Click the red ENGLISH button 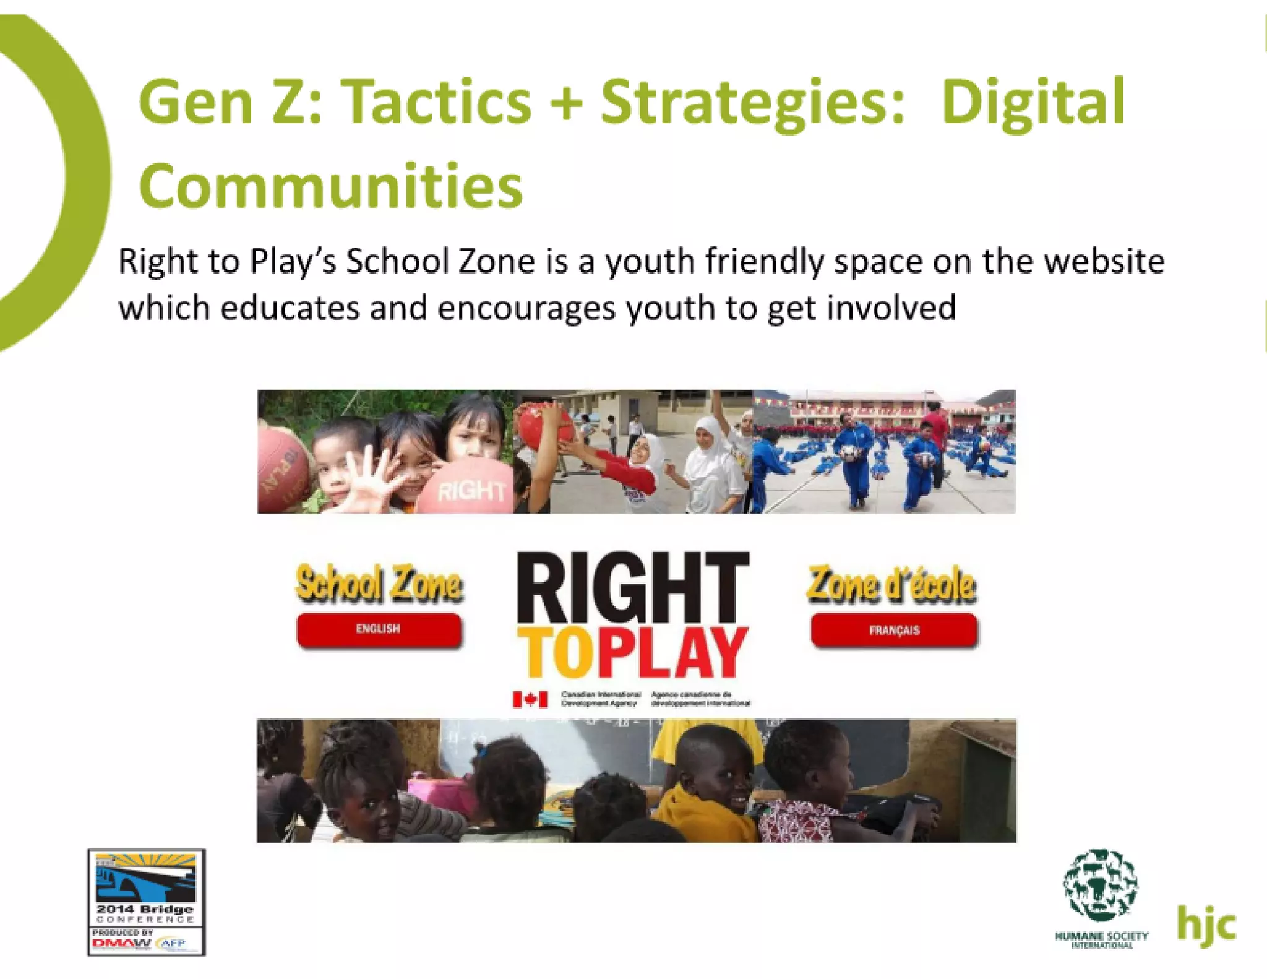pyautogui.click(x=379, y=629)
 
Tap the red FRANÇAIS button pyautogui.click(x=894, y=631)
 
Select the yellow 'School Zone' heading pyautogui.click(x=379, y=584)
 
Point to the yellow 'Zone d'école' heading pyautogui.click(x=891, y=585)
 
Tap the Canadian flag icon pyautogui.click(x=530, y=699)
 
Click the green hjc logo pyautogui.click(x=1206, y=926)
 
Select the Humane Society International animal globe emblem pyautogui.click(x=1101, y=886)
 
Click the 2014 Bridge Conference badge pyautogui.click(x=146, y=902)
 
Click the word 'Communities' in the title pyautogui.click(x=331, y=186)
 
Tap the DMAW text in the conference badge pyautogui.click(x=121, y=944)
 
